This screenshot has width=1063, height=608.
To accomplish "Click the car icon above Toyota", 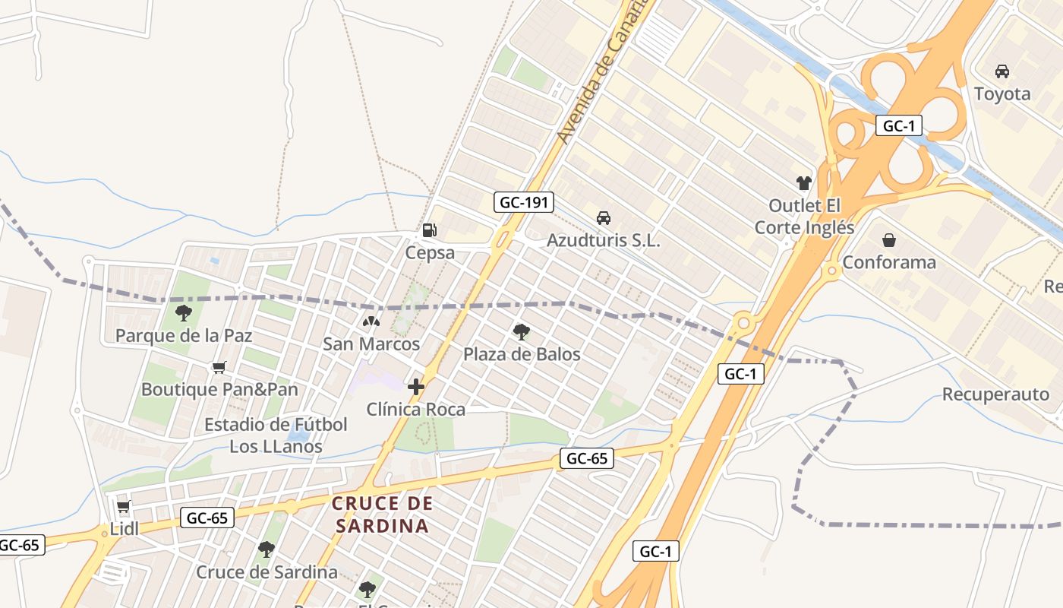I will click(1002, 71).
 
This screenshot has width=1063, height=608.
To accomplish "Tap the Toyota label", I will click(1002, 94).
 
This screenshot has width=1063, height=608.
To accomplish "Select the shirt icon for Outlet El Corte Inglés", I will click(804, 182).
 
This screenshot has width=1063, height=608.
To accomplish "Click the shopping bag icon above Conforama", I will click(889, 240).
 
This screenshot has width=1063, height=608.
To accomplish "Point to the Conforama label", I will click(889, 263).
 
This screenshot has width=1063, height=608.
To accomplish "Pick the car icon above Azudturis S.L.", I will click(604, 218).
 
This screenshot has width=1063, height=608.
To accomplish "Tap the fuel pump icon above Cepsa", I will click(429, 230).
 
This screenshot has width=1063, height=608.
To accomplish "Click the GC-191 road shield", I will click(524, 202).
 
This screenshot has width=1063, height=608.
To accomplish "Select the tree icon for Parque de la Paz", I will click(183, 312).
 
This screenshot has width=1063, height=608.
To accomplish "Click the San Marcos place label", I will click(371, 344).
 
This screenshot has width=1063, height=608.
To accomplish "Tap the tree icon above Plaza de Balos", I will click(522, 331).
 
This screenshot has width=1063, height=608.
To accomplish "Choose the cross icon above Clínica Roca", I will click(415, 387).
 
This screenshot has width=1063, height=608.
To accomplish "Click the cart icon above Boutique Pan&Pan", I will click(219, 368).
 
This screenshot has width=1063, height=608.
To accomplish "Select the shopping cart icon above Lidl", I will click(124, 506).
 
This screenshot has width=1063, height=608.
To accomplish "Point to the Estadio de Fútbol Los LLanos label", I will click(276, 435).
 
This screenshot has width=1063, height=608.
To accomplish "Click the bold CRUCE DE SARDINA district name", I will click(383, 515).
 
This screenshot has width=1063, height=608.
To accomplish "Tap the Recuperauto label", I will click(995, 394).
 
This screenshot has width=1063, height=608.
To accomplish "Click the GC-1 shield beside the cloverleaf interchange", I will click(898, 125).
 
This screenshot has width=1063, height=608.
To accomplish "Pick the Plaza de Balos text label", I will click(522, 354).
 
